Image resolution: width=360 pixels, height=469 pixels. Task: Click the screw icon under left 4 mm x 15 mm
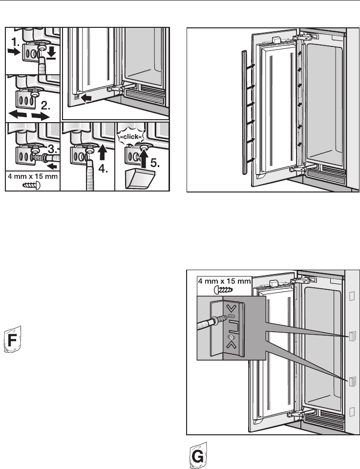(x=31, y=185)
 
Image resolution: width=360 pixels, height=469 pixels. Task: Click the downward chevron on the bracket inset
(x=231, y=307)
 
